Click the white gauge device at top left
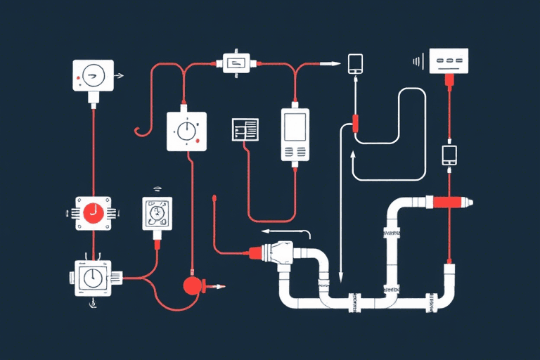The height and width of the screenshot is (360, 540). point(93,75)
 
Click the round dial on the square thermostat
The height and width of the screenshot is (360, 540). point(187,131)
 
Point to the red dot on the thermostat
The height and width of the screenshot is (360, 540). point(200,143)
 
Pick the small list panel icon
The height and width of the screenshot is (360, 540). point(245,129)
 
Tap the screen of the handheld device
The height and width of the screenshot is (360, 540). point(295,127)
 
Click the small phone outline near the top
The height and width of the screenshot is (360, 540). point(355,63)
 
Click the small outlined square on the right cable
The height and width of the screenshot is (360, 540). point(449,154)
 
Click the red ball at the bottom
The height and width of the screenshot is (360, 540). point(191,285)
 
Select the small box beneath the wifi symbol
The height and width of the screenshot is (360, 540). point(157,213)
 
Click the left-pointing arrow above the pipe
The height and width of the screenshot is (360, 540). point(285,231)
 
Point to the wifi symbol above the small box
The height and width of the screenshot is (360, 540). point(157,189)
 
